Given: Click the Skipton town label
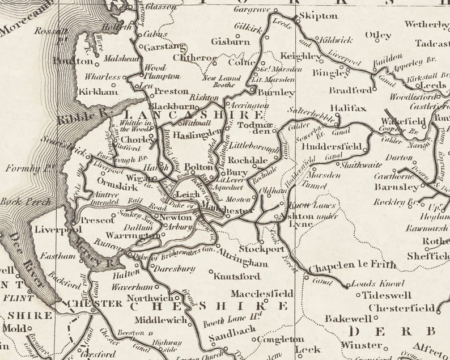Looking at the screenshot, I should point(319,16).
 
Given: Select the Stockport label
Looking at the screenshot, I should point(261,249).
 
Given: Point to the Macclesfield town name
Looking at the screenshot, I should point(262,294).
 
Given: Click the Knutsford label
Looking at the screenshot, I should point(237,277).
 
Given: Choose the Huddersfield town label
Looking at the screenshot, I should point(332,146).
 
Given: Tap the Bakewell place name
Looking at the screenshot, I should point(347,319).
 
